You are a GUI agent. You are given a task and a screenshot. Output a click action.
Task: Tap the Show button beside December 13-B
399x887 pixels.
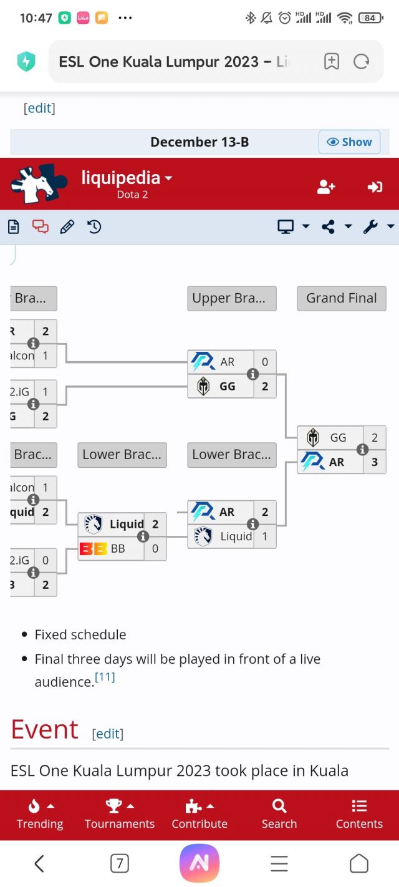click(349, 142)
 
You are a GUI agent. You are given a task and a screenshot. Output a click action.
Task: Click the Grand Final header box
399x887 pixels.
click(342, 298)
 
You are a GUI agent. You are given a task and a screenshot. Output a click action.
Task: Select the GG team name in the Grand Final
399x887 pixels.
click(338, 438)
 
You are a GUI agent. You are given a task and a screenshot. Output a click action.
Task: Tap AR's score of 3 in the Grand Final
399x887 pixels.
click(374, 462)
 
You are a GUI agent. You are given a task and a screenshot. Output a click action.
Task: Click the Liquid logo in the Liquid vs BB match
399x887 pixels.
click(94, 524)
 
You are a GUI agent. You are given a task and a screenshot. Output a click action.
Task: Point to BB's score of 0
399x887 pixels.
click(155, 549)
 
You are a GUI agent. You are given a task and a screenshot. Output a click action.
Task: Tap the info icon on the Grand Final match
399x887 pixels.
click(362, 450)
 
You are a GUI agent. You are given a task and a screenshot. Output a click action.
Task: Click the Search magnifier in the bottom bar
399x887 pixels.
click(279, 806)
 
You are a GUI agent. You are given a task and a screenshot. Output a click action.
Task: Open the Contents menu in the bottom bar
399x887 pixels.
click(359, 806)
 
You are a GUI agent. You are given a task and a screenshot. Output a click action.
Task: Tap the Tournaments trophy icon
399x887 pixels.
click(113, 806)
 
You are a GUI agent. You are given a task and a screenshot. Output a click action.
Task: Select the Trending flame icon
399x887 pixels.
click(34, 806)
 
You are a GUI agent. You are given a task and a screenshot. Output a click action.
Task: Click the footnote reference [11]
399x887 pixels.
click(105, 677)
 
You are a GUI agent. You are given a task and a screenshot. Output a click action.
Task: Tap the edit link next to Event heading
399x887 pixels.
click(107, 734)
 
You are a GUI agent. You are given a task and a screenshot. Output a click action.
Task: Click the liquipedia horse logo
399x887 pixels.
click(39, 184)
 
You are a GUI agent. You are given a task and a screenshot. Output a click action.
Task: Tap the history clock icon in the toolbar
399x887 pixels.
click(94, 227)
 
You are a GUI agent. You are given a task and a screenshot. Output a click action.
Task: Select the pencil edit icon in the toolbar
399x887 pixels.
click(67, 227)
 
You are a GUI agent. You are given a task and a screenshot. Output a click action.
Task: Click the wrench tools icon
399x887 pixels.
click(371, 226)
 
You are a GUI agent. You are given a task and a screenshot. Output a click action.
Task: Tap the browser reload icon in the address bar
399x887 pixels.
click(361, 61)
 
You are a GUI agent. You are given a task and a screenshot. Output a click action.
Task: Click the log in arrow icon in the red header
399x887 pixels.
click(375, 187)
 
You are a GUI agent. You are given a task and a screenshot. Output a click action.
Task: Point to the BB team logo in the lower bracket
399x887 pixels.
click(93, 549)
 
